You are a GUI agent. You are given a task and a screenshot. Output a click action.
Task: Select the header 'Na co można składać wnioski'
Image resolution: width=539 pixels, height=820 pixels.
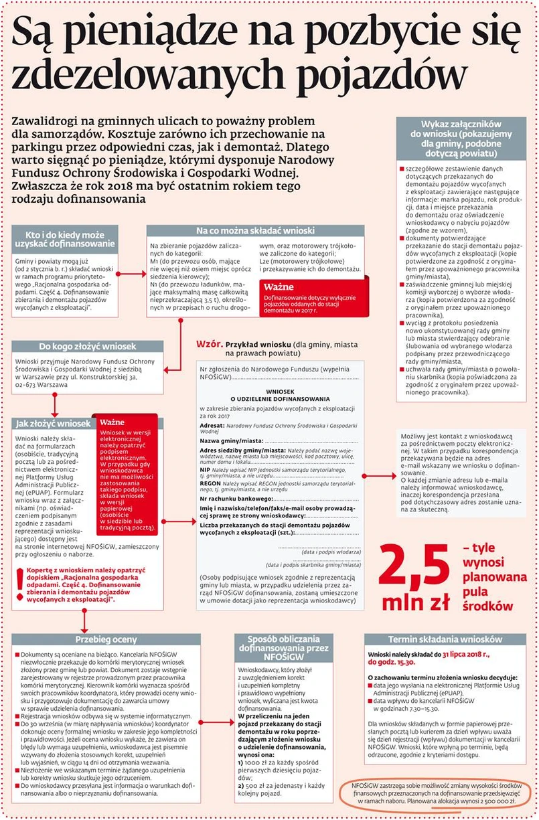pos(255,231)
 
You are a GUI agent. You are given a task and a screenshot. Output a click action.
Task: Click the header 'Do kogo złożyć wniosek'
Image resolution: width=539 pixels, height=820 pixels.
pos(88,347)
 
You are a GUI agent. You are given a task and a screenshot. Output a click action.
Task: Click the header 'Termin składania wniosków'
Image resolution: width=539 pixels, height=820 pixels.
pos(445,639)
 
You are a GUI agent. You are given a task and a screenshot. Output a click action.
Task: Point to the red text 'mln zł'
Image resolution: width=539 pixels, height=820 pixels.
pos(415,602)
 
